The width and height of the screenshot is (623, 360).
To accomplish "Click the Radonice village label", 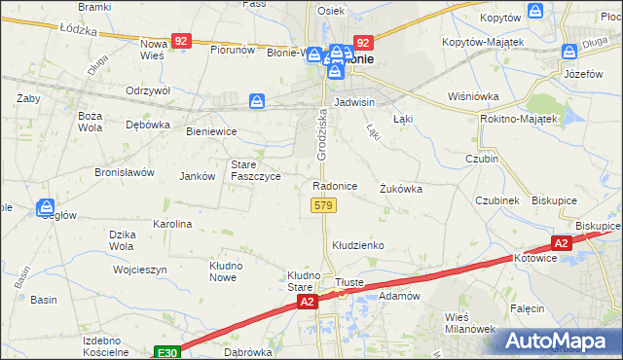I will click(x=334, y=186).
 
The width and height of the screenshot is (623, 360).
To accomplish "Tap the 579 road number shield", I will click(x=324, y=205).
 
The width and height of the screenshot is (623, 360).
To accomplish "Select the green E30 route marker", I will click(x=166, y=352).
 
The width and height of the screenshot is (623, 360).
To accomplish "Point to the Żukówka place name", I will click(x=401, y=189).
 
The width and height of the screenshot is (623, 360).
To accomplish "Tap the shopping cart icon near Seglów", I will click(x=46, y=206).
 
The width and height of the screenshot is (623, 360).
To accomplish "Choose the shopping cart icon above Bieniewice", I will click(x=256, y=100).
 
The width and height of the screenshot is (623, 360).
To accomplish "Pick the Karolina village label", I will click(x=172, y=224).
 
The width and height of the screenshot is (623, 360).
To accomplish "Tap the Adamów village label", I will click(x=398, y=294).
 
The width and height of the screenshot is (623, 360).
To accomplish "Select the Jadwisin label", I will click(x=354, y=101).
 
